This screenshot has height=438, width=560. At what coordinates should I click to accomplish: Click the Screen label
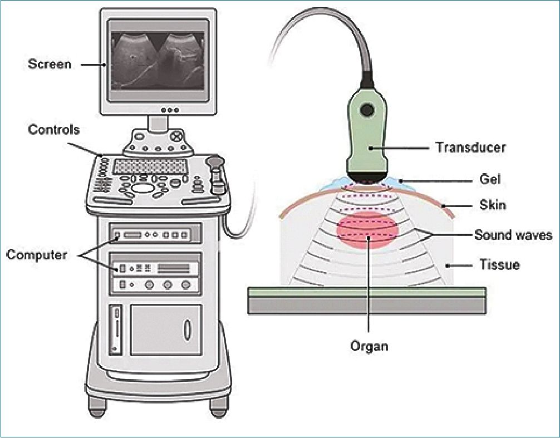50,64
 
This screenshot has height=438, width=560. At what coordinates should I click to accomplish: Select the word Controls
53,130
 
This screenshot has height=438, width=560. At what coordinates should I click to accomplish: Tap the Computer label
36,255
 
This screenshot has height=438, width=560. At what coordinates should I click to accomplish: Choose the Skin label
492,205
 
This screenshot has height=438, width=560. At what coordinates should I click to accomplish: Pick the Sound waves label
513,235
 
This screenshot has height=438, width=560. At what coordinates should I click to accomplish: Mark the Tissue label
499,265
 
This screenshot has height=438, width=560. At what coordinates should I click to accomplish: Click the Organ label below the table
369,346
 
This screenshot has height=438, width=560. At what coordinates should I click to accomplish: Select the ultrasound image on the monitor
158,60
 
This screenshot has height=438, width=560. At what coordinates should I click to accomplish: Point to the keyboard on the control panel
149,166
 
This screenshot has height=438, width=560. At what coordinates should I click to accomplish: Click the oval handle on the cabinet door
188,328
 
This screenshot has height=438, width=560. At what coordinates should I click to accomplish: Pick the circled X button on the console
176,136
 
